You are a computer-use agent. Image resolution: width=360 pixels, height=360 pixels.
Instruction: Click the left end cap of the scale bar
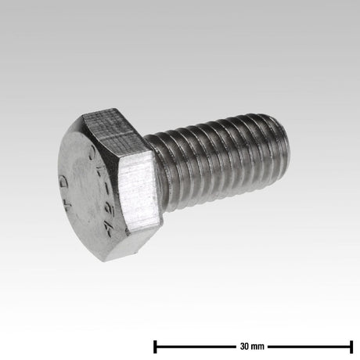[x=156, y=345]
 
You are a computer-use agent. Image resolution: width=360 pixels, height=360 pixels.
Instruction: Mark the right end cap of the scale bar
[x=351, y=345]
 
